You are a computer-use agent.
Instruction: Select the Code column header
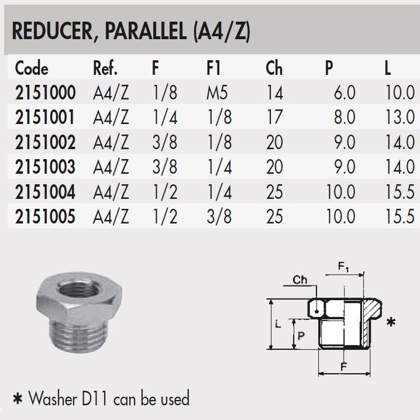tap(32, 68)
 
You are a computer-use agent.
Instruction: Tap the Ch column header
tap(274, 68)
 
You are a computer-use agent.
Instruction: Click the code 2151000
tap(45, 92)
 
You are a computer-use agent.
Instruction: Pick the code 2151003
tap(45, 167)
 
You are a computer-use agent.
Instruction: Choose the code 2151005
tap(45, 216)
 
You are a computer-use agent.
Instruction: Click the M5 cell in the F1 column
tap(217, 92)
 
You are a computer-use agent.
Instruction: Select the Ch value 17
tap(274, 118)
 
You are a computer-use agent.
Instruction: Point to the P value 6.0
tap(345, 92)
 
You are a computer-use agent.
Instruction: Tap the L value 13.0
tap(400, 118)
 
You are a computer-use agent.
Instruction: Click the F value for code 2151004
tap(165, 192)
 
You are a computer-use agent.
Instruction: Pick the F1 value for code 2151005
tap(219, 216)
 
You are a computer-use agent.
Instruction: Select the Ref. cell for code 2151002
tap(111, 142)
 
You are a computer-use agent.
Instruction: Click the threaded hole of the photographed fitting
tap(80, 288)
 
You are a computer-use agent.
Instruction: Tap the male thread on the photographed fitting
tap(79, 336)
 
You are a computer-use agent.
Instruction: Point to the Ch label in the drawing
tap(299, 280)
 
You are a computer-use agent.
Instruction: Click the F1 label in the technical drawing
tap(343, 267)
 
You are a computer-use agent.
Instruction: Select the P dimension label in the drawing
tap(301, 336)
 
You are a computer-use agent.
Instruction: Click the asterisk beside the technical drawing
tap(391, 322)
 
